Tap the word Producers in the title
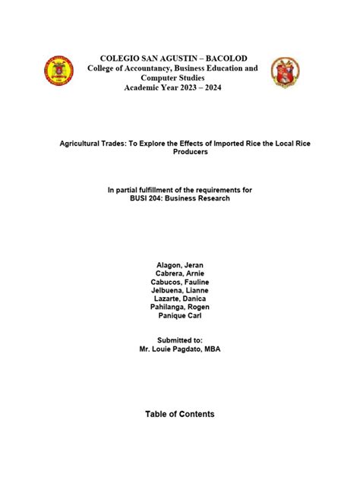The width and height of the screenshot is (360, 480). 180,152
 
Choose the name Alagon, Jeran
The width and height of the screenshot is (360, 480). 179,265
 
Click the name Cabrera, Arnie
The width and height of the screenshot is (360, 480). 179,273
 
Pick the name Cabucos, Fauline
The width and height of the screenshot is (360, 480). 179,282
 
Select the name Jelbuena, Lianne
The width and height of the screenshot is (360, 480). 179,290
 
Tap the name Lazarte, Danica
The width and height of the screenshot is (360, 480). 179,298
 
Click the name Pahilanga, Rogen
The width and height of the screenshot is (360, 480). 179,307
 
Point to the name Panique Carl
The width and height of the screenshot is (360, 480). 179,315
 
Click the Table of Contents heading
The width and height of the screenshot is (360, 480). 180,414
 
